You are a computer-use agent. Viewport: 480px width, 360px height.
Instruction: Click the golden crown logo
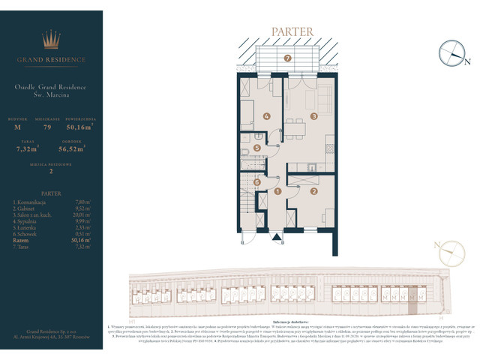(51, 39)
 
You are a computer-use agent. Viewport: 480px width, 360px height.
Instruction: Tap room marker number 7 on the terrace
(287, 58)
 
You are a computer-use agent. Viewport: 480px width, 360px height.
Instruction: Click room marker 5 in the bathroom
(256, 148)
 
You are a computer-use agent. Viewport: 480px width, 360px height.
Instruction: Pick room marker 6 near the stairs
(256, 181)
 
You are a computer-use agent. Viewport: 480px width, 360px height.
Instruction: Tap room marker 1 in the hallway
(277, 192)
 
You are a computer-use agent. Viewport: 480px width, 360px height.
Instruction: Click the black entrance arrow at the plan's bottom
(278, 239)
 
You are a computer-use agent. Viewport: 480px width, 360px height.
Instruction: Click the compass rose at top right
(454, 52)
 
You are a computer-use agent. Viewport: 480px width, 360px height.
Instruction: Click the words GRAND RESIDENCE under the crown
(51, 59)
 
